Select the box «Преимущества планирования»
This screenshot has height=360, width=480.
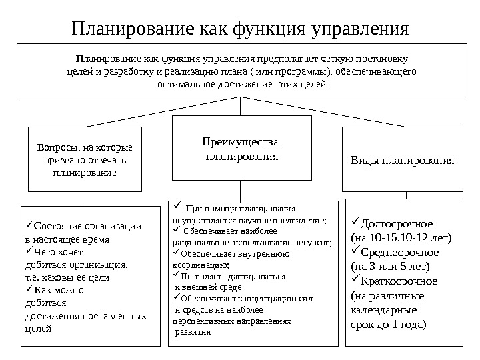pos(242,148)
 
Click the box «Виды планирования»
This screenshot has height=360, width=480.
pos(402,161)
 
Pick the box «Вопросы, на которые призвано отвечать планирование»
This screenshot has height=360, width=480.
pos(84,159)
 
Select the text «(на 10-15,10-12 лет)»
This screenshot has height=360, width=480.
pos(401,238)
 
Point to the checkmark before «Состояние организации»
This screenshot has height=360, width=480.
pos(27,225)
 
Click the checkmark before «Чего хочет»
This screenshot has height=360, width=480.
pos(27,251)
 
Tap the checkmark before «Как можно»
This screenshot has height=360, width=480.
pos(27,290)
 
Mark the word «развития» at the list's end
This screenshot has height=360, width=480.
pos(191,332)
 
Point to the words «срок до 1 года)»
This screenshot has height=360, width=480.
pos(387,325)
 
